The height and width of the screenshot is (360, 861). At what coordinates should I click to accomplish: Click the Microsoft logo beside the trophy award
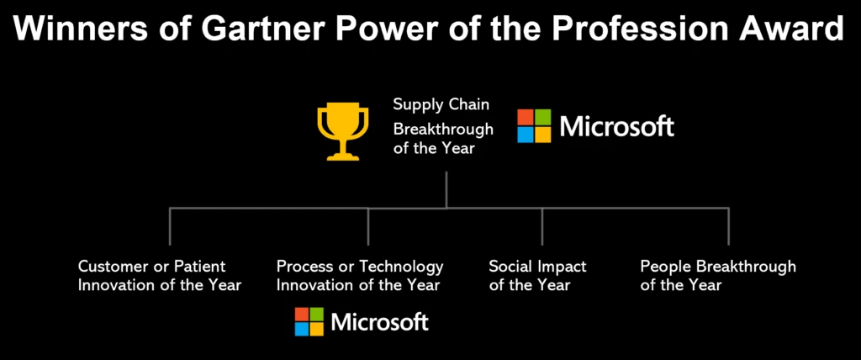click(595, 126)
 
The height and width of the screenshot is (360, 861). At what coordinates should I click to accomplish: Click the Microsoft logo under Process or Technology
click(362, 321)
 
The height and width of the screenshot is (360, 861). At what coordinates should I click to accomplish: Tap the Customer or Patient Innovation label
click(160, 276)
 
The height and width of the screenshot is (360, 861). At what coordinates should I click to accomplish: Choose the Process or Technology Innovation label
click(360, 276)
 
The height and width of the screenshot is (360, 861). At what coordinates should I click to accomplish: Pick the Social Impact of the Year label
click(537, 276)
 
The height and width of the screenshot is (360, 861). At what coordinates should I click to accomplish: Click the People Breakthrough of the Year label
click(718, 276)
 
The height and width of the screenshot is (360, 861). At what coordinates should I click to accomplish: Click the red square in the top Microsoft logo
click(526, 117)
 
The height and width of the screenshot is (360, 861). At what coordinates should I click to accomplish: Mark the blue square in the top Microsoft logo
click(526, 134)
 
